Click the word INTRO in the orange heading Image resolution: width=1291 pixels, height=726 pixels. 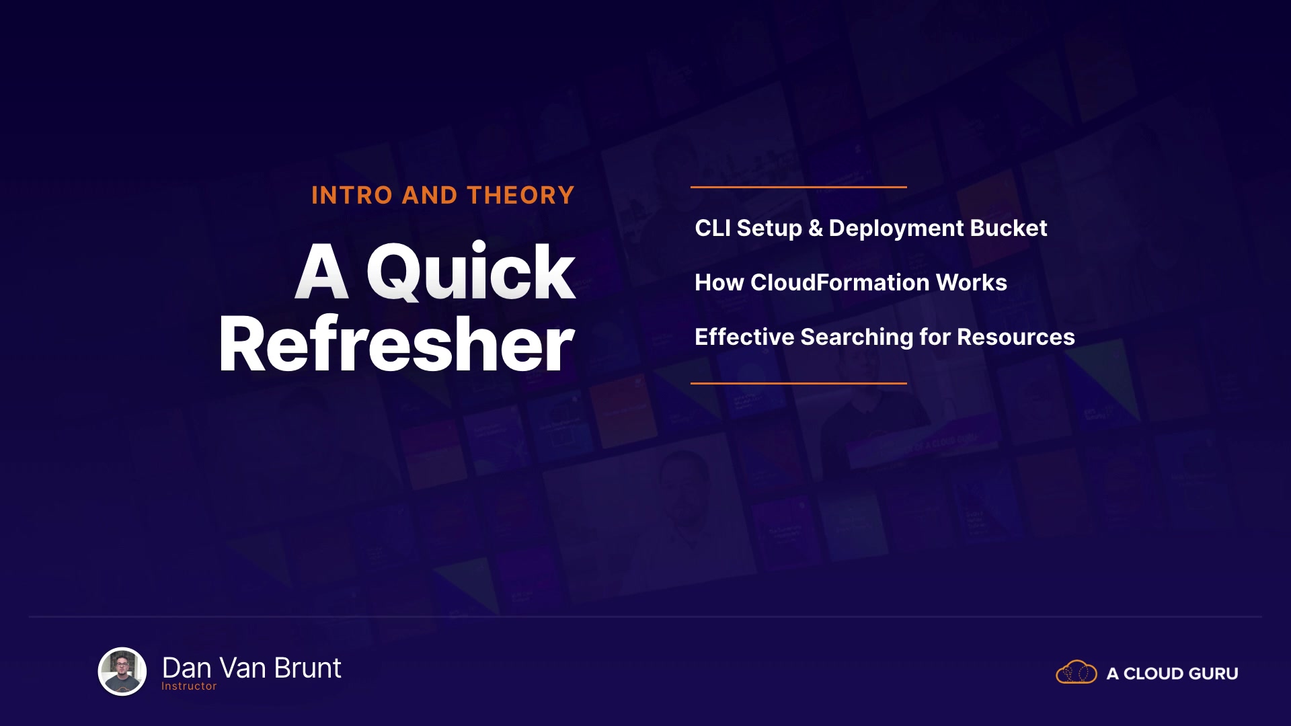click(352, 196)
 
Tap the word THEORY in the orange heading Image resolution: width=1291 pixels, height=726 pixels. click(521, 196)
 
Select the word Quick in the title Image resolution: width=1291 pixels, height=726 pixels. click(471, 272)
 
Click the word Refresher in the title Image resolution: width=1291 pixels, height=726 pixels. click(397, 344)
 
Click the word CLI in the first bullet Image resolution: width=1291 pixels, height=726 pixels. click(713, 229)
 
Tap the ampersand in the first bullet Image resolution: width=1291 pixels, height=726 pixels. click(816, 229)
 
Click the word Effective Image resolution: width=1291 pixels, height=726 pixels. click(744, 337)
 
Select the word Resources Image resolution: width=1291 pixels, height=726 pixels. click(1016, 337)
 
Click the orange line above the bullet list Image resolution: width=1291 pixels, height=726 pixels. click(799, 187)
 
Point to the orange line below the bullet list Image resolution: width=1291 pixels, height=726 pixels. click(799, 383)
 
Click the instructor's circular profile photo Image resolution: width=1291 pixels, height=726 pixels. click(122, 671)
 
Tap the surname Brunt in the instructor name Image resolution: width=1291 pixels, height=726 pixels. click(308, 668)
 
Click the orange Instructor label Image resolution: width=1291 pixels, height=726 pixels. click(189, 686)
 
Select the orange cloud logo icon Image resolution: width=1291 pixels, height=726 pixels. click(1077, 672)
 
